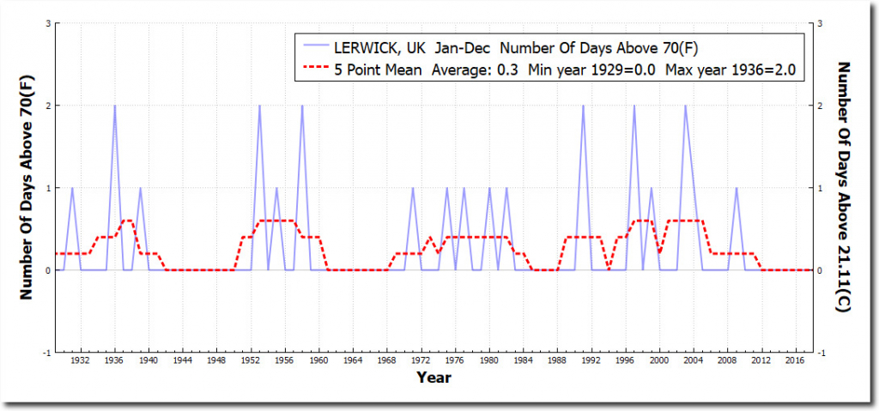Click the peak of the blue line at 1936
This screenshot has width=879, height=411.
click(x=115, y=106)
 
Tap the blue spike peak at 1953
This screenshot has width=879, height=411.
click(x=259, y=106)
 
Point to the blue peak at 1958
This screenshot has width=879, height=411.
click(x=302, y=106)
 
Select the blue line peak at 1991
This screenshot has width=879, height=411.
click(x=583, y=106)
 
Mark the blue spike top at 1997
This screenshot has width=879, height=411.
click(x=634, y=106)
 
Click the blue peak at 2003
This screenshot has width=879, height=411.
click(x=685, y=106)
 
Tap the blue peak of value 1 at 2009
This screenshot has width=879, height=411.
click(x=736, y=188)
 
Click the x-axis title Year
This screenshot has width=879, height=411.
click(x=433, y=378)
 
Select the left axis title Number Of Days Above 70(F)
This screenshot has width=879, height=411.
click(x=26, y=188)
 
